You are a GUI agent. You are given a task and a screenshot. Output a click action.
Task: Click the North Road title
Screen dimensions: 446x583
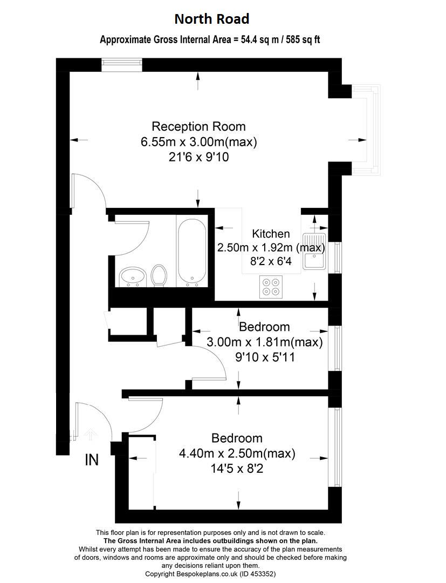tap(211, 18)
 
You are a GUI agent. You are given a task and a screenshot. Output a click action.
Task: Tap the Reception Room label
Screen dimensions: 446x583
tap(198, 126)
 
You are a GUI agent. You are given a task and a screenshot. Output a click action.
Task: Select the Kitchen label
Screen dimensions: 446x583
tap(271, 234)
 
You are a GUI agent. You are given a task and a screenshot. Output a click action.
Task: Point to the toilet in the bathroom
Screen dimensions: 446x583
tap(159, 275)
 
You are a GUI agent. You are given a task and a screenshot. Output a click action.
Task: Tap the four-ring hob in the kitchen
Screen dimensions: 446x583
tap(271, 287)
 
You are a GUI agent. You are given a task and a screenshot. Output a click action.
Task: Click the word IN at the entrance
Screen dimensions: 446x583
tap(92, 460)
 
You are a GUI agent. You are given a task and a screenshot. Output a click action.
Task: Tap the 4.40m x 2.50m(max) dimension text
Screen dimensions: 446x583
tap(237, 453)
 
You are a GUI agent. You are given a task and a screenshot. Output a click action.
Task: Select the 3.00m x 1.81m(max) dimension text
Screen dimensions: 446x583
tap(264, 342)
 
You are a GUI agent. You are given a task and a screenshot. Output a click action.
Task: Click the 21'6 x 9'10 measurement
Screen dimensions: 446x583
tap(198, 157)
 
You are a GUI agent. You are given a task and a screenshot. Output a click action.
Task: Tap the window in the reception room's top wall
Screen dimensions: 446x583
tap(122, 65)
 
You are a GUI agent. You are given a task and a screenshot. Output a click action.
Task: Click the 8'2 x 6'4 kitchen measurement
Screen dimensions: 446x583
tap(271, 261)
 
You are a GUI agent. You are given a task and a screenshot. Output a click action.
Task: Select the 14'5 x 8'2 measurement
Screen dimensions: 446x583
tap(237, 468)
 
